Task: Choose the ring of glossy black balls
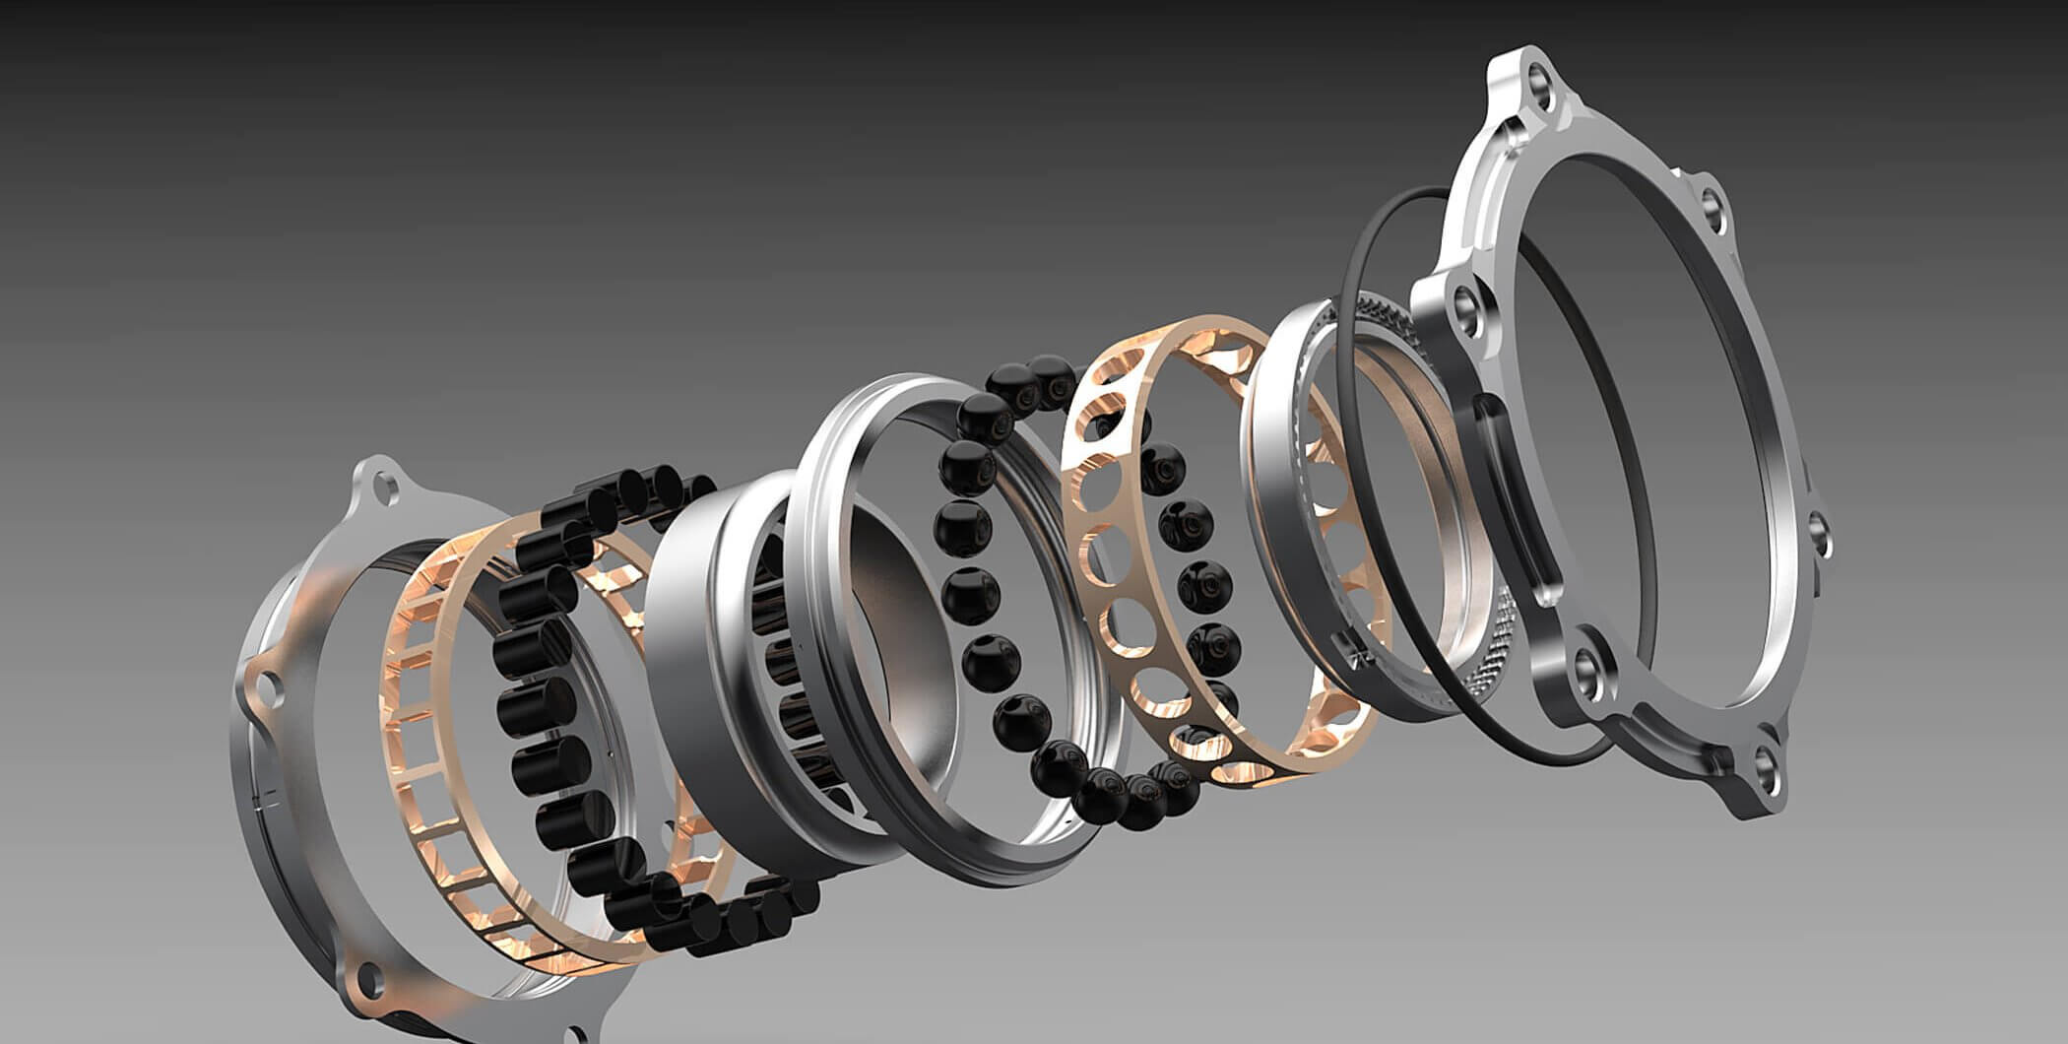pos(970,591)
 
